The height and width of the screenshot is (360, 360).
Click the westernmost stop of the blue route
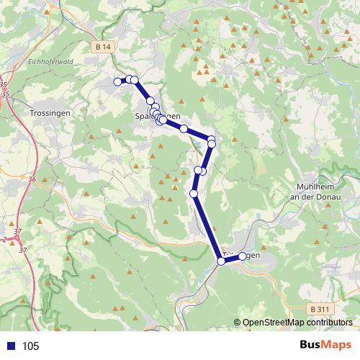tap(117, 81)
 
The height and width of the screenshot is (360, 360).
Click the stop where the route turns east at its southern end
tap(222, 261)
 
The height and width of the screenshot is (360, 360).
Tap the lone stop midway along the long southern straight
tap(194, 194)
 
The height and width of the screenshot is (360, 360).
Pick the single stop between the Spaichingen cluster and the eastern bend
tap(184, 129)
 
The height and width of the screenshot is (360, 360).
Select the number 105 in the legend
tap(31, 346)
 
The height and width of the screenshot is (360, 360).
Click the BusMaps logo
tap(326, 345)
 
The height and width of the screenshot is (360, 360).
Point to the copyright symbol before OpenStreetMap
tap(238, 323)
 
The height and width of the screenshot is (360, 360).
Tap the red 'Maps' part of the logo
tap(337, 345)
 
